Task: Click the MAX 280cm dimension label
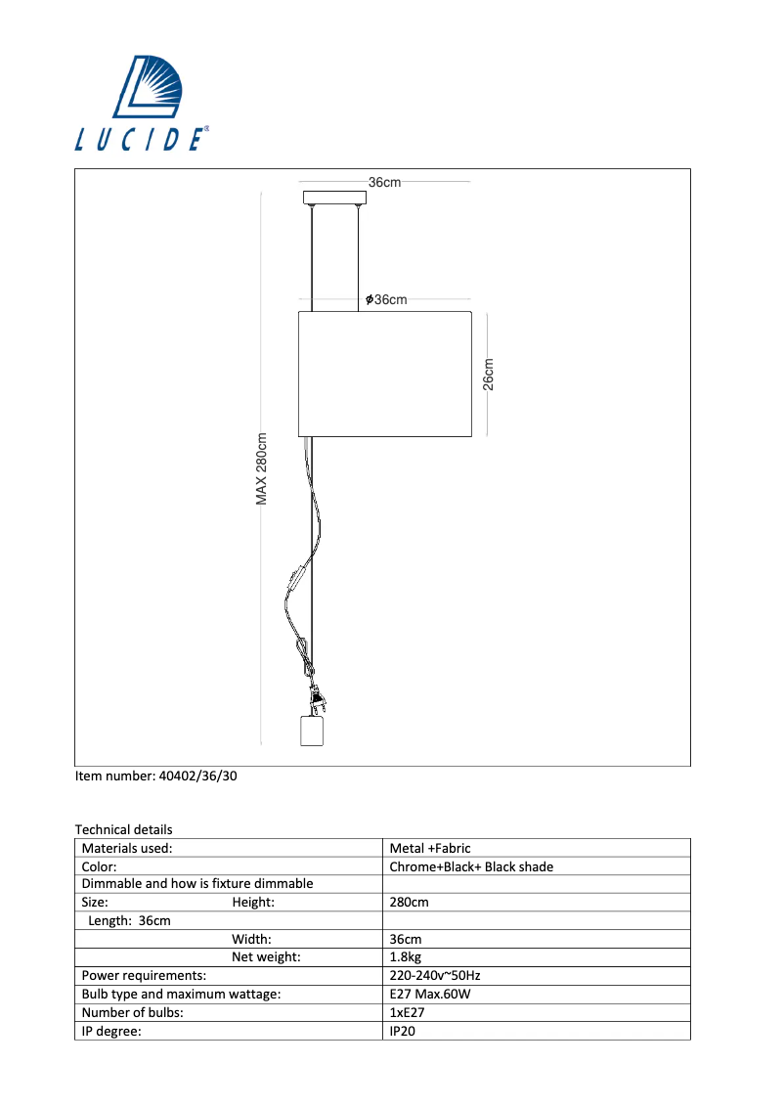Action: pos(262,469)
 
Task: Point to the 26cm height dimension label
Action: pos(489,374)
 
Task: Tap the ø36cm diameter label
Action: pos(386,299)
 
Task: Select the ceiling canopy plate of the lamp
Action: pos(334,198)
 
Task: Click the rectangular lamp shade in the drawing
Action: pos(384,374)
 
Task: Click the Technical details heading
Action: pos(123,829)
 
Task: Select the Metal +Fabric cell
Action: pos(429,849)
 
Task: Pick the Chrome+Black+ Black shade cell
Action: pos(470,866)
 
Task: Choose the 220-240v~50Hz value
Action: pos(434,975)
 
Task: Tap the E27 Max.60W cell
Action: pos(431,994)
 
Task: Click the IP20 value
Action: pos(403,1030)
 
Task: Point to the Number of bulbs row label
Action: pos(132,1012)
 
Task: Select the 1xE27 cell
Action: pos(407,1012)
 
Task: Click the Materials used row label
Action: pos(127,849)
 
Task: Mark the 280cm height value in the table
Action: pos(409,903)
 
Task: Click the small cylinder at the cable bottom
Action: pos(310,731)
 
